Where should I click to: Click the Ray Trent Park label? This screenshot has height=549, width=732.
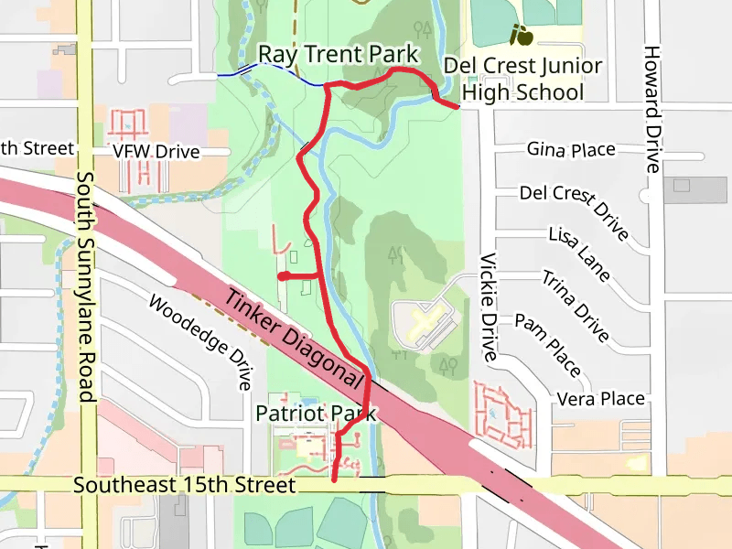pos(338,54)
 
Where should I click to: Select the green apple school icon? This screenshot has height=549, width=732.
pos(522,36)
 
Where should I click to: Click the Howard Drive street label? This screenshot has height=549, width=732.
pos(651,109)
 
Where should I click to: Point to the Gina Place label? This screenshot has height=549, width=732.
pos(571,149)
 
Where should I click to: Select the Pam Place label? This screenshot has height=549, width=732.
pos(548,345)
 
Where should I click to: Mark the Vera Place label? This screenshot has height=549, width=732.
pos(601,399)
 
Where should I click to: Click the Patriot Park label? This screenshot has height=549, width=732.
pos(316,414)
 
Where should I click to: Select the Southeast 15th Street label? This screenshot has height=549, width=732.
pos(186,485)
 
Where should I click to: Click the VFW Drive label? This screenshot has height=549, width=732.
pos(156,151)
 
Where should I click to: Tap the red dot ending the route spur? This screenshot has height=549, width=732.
pos(284,275)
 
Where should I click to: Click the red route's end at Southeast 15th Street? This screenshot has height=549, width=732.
pos(334,479)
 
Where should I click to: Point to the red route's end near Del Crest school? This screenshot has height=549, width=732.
pos(457,107)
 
